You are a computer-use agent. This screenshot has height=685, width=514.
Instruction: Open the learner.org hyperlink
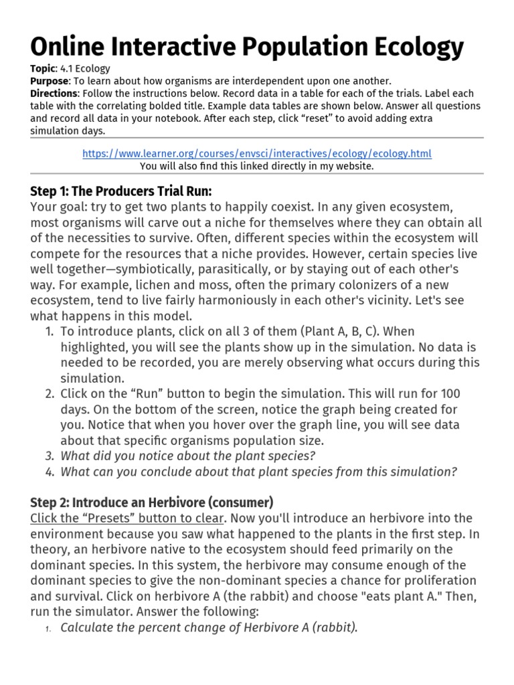(256, 153)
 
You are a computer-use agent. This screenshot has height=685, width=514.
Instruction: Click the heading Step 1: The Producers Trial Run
(121, 190)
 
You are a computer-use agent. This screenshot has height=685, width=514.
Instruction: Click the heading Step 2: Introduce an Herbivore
(152, 501)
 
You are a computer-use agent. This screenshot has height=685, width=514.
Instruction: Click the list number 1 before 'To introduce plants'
(49, 331)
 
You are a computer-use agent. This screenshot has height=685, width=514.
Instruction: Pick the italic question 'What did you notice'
(188, 456)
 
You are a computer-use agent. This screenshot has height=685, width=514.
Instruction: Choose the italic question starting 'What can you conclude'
(259, 472)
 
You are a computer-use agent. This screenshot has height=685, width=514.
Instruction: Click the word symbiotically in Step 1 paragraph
(207, 269)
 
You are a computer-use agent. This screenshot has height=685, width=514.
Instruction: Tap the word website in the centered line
(353, 166)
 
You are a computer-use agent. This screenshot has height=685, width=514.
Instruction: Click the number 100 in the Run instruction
(450, 393)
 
